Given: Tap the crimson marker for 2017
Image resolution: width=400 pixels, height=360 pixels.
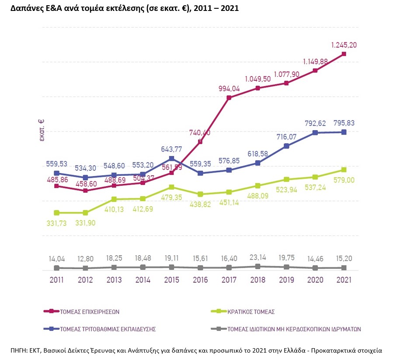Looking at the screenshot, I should point(229,97).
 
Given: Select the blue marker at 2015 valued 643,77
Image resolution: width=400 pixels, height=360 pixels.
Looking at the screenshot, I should point(171,158).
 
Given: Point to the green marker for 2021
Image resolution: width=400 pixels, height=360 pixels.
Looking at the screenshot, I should point(344,170).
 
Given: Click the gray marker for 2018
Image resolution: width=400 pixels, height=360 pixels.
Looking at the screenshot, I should point(258,266).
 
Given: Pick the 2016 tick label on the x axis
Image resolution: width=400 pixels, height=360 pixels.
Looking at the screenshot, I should point(200,280).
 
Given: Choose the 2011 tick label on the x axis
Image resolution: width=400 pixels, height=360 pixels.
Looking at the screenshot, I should point(56,280).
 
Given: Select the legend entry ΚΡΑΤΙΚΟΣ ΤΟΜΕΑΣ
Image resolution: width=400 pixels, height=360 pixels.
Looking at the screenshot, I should point(251,312).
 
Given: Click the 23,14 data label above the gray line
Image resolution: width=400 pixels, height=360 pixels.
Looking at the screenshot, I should point(257,257).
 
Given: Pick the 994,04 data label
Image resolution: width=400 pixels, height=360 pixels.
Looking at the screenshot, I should point(229,89).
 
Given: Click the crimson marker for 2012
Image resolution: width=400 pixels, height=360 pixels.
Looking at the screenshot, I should point(85,190).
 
